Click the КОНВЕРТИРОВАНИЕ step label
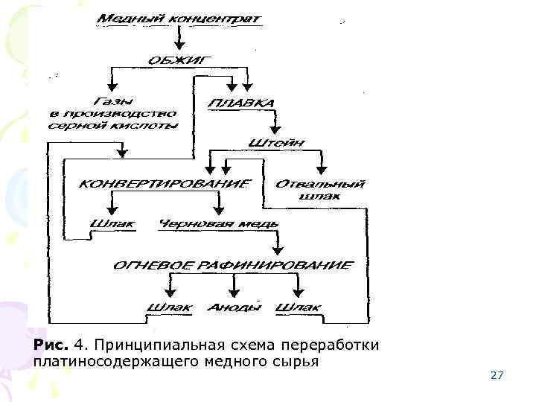coord(165,182)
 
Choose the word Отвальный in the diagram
coord(320,183)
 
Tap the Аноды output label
coord(234,306)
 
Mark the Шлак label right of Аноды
coord(298,306)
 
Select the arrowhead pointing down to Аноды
coord(234,292)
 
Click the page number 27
coord(497,375)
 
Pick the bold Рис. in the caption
coord(51,345)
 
